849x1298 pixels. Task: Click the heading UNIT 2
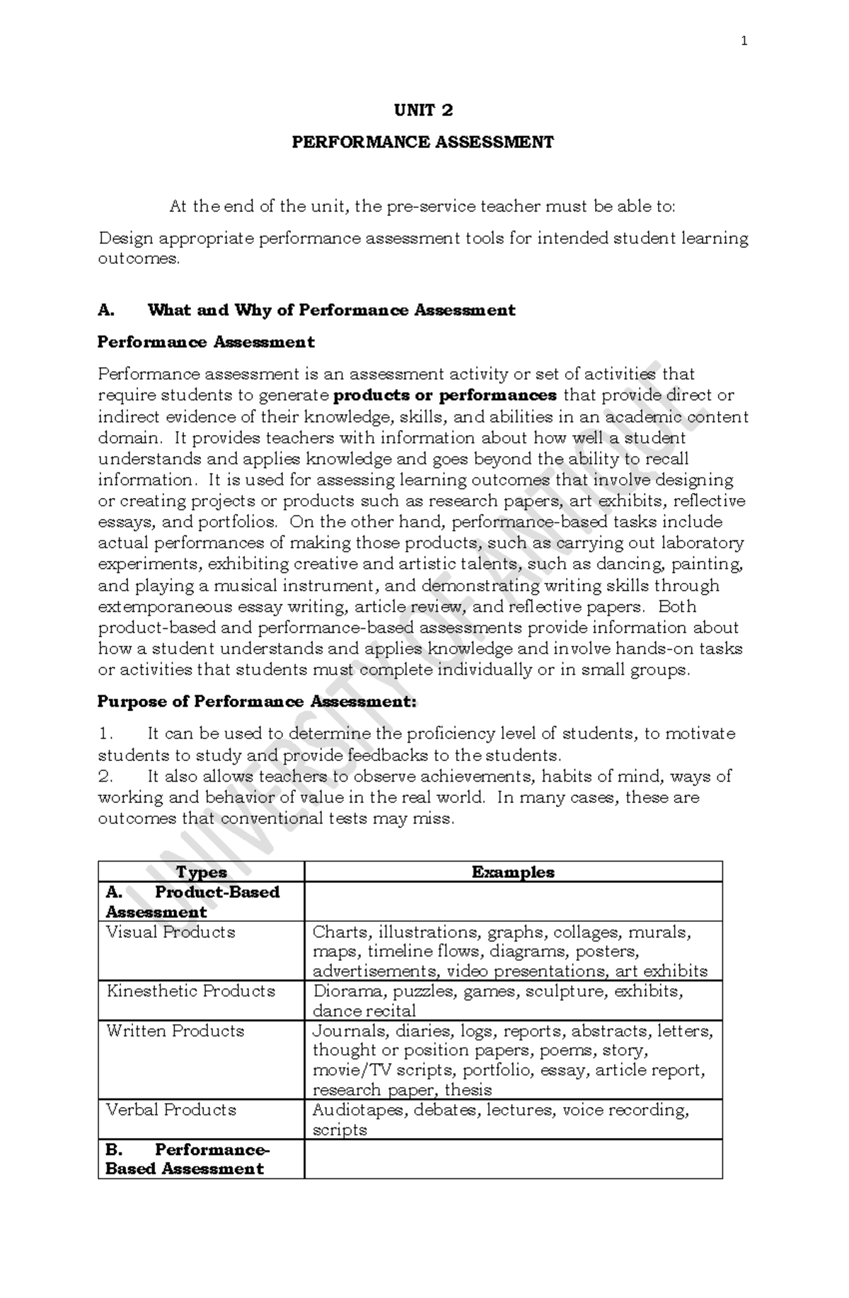[423, 110]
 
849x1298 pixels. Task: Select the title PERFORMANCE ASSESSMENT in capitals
[423, 142]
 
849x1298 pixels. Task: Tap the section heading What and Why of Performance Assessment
[331, 310]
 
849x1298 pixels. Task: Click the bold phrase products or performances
[445, 395]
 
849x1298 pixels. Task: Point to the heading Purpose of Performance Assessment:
[258, 702]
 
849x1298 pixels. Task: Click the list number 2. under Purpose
[105, 776]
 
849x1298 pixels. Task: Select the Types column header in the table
[202, 871]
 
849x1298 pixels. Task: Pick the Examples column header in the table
[513, 871]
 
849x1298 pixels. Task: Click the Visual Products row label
[171, 932]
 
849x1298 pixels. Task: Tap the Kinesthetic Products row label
[190, 991]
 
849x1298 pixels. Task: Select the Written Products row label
[175, 1031]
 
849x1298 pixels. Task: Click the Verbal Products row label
[171, 1110]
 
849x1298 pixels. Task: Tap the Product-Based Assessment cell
[192, 902]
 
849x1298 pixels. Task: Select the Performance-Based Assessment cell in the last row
[187, 1159]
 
